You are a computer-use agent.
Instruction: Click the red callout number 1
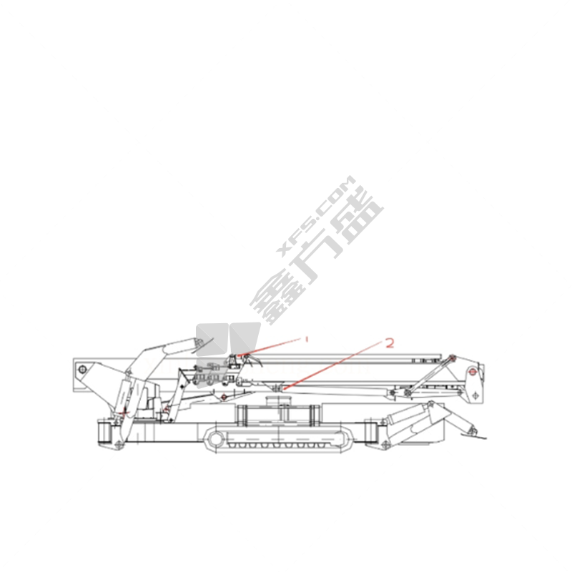click(307, 339)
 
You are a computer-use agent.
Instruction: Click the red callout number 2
click(390, 343)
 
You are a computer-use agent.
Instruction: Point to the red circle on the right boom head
click(473, 372)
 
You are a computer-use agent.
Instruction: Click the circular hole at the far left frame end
click(82, 369)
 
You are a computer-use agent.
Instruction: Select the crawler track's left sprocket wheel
click(216, 439)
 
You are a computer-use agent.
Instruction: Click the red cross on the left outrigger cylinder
click(124, 413)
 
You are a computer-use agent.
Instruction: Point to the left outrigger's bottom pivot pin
click(119, 445)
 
